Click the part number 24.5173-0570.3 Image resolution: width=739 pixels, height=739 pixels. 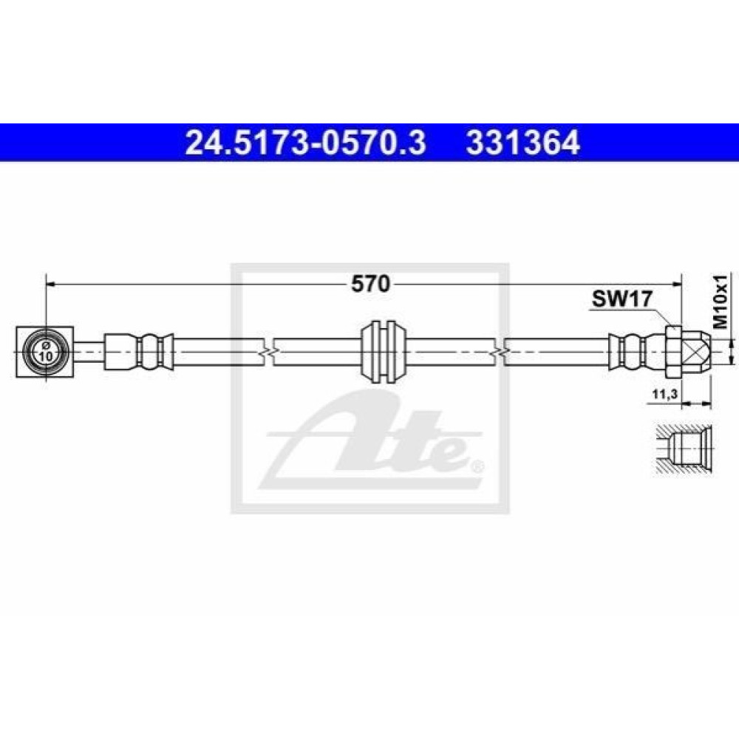(305, 143)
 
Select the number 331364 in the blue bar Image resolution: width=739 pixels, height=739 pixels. (522, 143)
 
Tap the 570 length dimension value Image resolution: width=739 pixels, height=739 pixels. (371, 284)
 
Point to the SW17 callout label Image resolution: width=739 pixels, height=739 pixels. (622, 299)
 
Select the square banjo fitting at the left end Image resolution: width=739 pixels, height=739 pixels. (45, 352)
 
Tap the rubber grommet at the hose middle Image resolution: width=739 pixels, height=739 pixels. (383, 352)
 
